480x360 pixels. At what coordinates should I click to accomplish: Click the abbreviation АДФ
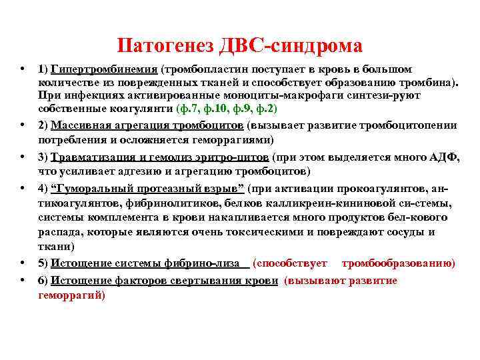(443, 157)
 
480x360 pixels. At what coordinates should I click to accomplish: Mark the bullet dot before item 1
(23, 69)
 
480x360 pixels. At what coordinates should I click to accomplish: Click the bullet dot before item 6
(23, 281)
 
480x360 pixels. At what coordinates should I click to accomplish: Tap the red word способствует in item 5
(288, 263)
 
